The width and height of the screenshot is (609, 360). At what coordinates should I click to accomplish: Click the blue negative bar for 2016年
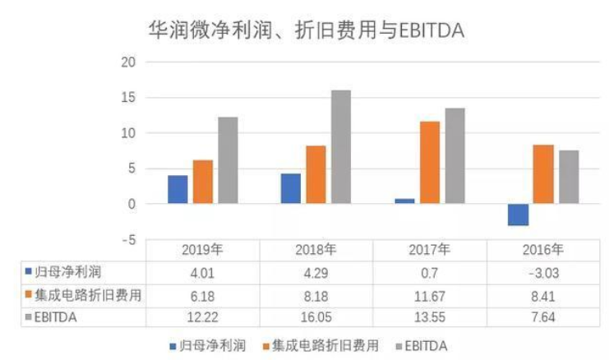pos(518,215)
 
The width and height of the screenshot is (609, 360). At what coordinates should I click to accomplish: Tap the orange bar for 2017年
pos(430,162)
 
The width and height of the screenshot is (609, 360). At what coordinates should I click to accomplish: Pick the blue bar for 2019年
pos(178,189)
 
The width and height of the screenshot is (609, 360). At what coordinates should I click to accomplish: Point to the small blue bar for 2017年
pos(404,201)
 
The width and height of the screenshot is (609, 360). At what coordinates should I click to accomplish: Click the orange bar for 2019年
pos(202,182)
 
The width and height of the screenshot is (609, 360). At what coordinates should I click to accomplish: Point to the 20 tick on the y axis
pos(127,62)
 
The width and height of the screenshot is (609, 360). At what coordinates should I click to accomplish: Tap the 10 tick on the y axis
pos(127,133)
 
